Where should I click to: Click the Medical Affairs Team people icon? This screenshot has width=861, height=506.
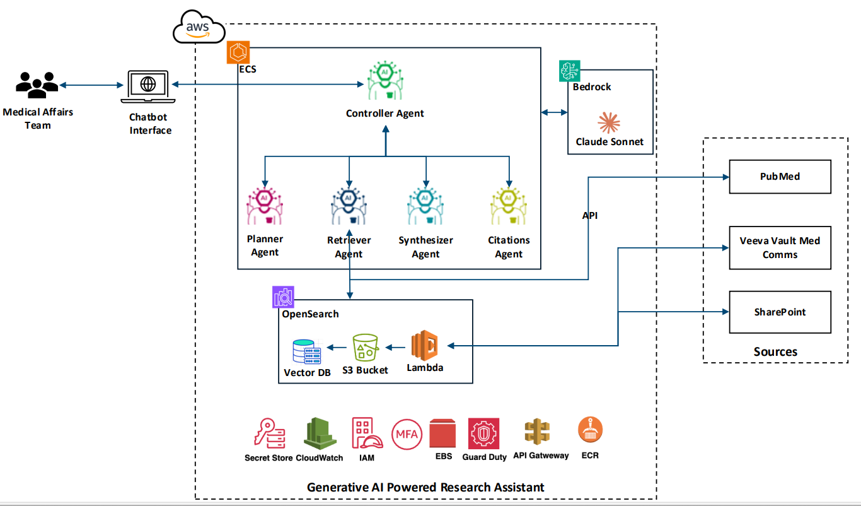point(37,84)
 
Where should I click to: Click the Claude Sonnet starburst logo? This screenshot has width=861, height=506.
point(609,121)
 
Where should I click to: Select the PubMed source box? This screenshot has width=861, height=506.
point(780,177)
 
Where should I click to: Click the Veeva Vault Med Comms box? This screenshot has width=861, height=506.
point(780,248)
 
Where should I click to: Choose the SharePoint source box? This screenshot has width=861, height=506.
point(780,312)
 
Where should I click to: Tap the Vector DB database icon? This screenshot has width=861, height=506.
point(306,352)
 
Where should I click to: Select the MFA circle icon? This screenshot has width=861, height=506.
point(407,434)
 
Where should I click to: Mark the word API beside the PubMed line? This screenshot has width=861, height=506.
point(590,216)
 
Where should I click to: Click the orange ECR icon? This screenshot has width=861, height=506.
point(591,431)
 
